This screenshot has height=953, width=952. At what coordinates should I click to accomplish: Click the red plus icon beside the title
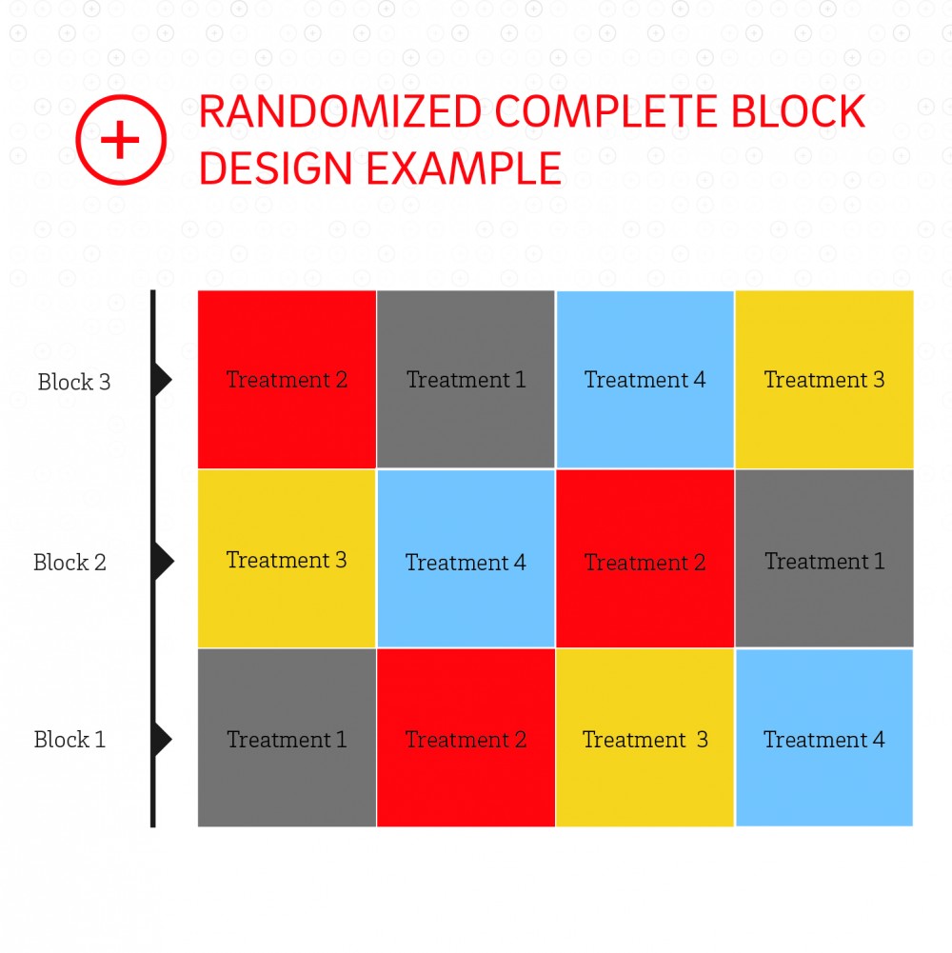click(x=120, y=139)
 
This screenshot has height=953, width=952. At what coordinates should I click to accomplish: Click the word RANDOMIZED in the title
click(x=341, y=111)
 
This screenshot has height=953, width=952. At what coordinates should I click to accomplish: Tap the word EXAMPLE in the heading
click(x=464, y=169)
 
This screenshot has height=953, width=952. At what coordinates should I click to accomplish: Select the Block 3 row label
click(x=74, y=382)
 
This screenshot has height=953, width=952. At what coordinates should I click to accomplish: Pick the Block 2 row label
click(x=69, y=563)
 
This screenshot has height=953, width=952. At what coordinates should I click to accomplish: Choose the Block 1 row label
click(x=69, y=740)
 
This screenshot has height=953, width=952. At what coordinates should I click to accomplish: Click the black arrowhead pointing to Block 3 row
click(x=163, y=380)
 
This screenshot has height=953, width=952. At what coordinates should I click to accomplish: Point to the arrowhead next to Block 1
click(x=163, y=739)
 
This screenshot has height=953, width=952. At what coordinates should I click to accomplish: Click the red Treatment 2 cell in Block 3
click(x=287, y=379)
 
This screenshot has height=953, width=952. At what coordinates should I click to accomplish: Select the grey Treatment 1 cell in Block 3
click(x=466, y=379)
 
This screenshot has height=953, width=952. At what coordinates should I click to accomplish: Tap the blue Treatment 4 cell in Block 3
click(x=645, y=379)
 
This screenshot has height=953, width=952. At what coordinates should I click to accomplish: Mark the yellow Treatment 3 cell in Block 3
click(x=824, y=379)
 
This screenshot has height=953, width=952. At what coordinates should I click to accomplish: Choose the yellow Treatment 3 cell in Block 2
click(x=287, y=559)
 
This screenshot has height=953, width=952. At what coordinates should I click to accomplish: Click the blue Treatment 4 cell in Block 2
click(x=466, y=559)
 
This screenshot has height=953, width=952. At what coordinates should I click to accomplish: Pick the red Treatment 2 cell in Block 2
click(x=645, y=559)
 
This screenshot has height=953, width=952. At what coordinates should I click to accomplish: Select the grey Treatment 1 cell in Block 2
click(x=824, y=559)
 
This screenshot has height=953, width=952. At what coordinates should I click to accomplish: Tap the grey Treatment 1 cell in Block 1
click(x=287, y=738)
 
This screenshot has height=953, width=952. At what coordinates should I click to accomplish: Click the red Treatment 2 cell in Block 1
click(x=466, y=738)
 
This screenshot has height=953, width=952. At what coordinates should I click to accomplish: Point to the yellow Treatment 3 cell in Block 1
click(x=645, y=738)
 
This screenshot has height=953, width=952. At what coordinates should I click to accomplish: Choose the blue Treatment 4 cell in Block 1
click(x=824, y=738)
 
